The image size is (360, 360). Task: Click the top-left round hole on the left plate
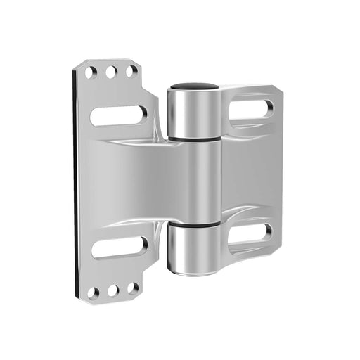(91, 72)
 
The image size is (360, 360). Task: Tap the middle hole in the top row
(111, 71)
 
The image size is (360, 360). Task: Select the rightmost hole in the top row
(131, 70)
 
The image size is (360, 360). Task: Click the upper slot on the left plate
(119, 115)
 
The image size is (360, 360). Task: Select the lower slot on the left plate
(120, 247)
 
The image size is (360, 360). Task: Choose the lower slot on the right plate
(251, 233)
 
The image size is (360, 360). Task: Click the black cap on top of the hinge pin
(194, 86)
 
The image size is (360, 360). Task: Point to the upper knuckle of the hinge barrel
(193, 112)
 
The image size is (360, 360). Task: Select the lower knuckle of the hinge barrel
(193, 250)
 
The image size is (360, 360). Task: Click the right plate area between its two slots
(250, 172)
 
